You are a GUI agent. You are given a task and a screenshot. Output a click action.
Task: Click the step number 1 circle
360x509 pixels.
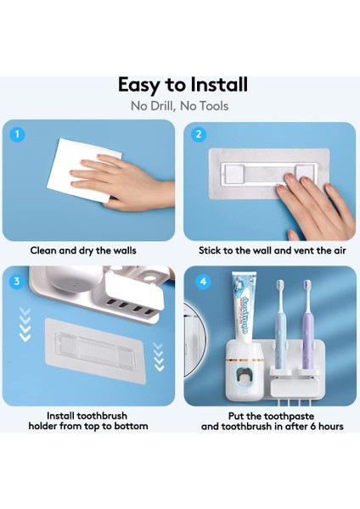click(17, 134)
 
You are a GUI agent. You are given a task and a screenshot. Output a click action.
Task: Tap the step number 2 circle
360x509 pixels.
click(199, 134)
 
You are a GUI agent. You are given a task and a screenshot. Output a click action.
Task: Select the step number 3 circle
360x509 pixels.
click(17, 281)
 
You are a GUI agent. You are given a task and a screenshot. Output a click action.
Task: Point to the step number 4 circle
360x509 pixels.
click(203, 281)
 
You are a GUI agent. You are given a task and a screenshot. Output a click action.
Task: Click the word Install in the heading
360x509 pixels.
click(219, 84)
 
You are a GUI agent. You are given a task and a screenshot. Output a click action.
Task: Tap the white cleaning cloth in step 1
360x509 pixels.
click(84, 170)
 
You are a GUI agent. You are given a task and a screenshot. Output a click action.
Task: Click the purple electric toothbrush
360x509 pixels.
click(307, 325)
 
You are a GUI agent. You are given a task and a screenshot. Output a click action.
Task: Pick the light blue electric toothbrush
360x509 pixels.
click(280, 325)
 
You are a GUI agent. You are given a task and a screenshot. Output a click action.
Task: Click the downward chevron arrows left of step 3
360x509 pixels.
click(25, 324)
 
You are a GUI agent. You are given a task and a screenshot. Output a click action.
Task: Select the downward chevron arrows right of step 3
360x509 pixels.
click(159, 357)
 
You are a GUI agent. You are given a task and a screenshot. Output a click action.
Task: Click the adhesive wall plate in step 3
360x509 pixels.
click(95, 351)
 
